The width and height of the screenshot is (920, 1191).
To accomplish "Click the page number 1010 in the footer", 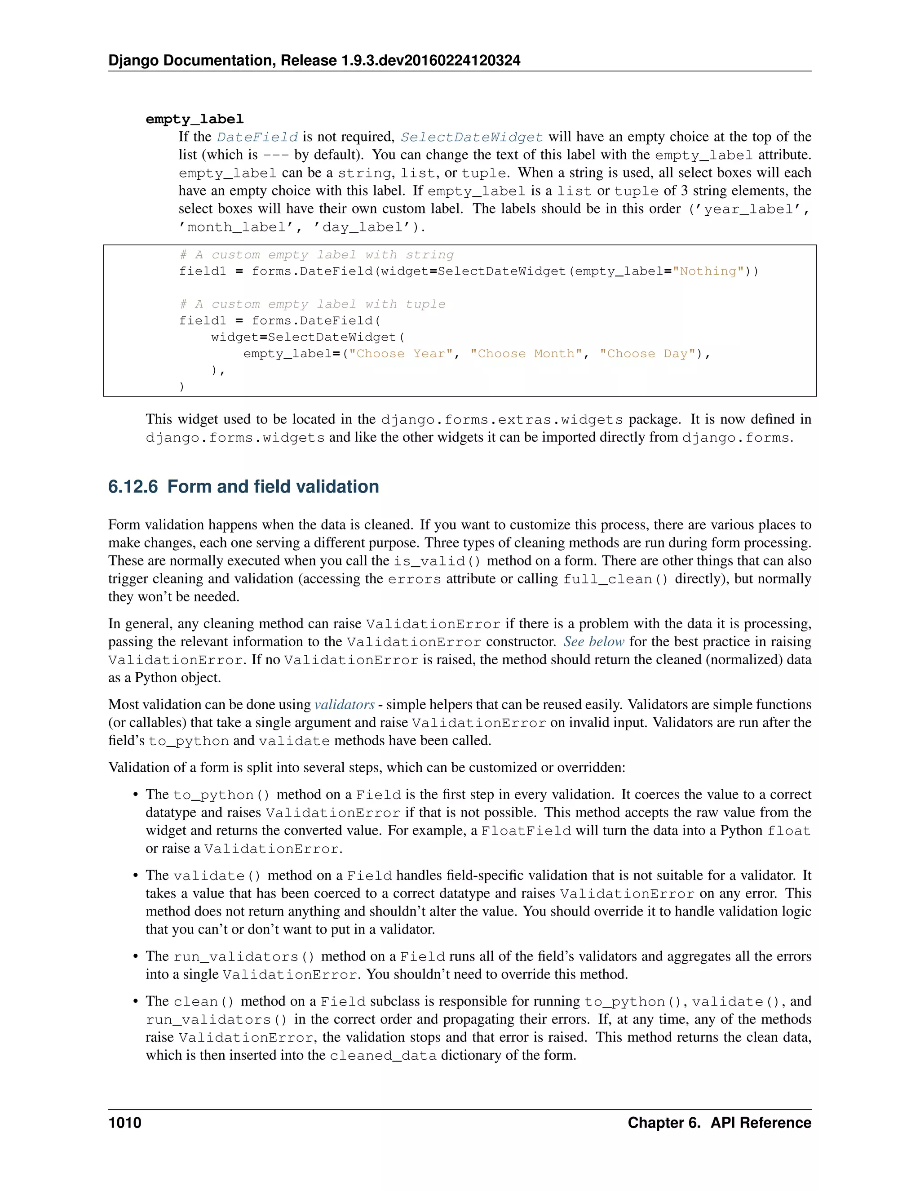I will click(125, 1122).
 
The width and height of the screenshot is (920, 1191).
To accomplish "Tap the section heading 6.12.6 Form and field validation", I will click(243, 486).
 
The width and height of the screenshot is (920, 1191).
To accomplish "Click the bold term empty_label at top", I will click(195, 119).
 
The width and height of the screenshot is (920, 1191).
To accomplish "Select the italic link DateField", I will click(257, 137).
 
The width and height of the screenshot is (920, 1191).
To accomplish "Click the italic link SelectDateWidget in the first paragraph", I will click(471, 137).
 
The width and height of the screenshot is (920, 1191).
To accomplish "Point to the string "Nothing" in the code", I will click(708, 271).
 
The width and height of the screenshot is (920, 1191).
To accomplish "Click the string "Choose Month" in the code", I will click(526, 353).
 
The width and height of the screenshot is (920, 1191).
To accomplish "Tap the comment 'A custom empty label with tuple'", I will click(312, 304).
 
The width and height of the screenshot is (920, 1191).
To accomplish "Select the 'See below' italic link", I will click(593, 642).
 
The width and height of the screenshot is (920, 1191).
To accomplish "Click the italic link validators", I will click(345, 705).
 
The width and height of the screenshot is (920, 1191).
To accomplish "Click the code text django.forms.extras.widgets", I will click(501, 420).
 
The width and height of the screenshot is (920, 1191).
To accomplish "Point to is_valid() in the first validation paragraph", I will click(437, 561).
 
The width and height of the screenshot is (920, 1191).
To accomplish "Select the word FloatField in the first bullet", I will click(526, 831).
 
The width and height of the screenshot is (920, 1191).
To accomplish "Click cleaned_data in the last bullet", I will click(383, 1055).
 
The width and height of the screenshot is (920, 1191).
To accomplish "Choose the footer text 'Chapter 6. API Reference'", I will click(719, 1122).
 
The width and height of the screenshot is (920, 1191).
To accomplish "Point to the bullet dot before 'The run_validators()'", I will click(135, 956).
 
